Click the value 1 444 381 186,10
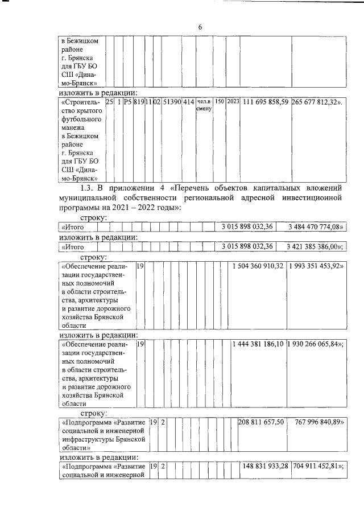(258, 345)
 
